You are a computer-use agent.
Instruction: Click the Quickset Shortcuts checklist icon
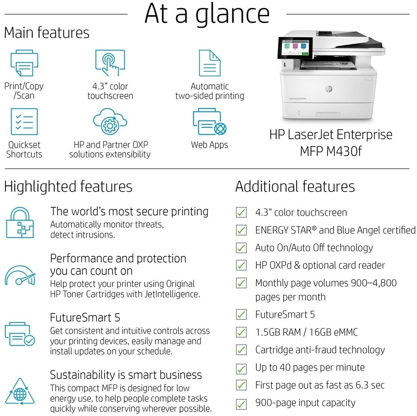24,121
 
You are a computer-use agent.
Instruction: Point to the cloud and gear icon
110,121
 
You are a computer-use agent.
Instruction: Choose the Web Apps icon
209,121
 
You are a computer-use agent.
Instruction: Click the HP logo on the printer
329,89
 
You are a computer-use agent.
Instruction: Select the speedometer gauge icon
20,275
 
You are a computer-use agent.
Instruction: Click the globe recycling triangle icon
20,392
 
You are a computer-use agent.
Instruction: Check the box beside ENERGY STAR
241,230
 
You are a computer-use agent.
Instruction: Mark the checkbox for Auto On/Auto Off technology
241,248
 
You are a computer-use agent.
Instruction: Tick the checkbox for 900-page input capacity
241,404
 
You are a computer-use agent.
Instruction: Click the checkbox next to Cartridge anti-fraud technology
241,350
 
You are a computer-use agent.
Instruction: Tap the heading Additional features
295,186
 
